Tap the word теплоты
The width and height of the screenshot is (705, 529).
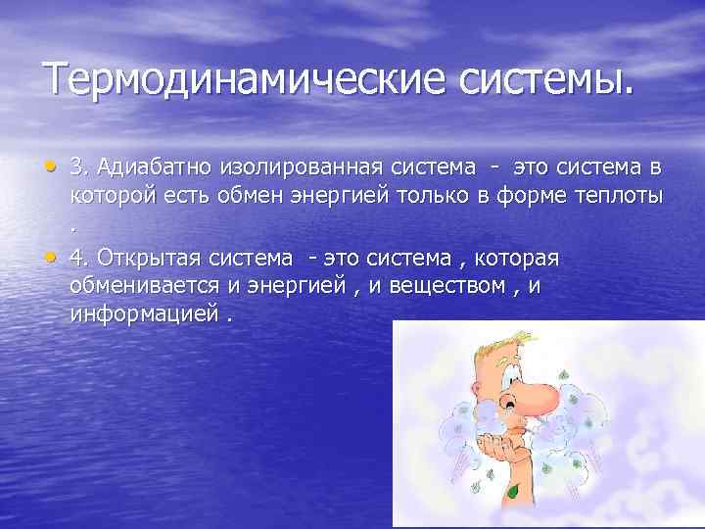point(618,196)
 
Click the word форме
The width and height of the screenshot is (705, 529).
point(529,196)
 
